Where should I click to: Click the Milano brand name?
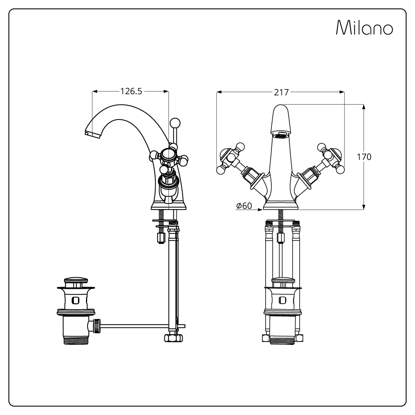pos(364,28)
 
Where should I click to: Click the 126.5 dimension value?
pos(131,91)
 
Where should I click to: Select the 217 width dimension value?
pos(281,92)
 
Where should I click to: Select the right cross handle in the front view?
pos(331,157)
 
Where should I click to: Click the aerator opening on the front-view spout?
pos(281,134)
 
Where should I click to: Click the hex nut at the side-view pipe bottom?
pos(173,337)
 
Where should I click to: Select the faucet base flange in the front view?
pos(281,205)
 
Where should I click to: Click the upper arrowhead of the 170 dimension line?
pos(364,106)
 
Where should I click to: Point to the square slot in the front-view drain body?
pos(283,300)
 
